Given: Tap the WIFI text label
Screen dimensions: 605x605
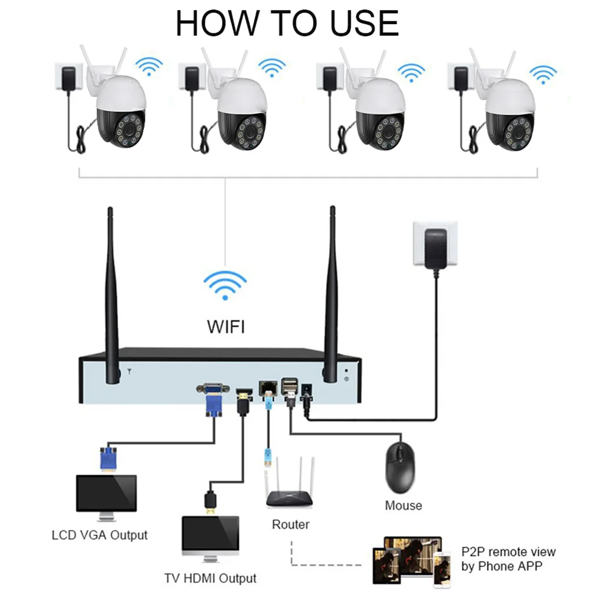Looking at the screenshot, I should (x=226, y=327).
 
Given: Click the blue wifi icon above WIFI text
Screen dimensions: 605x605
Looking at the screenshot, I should (x=225, y=284).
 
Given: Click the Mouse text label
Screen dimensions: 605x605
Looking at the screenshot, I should (x=404, y=505).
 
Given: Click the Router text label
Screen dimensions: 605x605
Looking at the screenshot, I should (x=290, y=525).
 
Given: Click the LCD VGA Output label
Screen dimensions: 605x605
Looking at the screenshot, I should (x=99, y=535).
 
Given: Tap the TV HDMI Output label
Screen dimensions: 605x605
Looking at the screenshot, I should (x=210, y=578).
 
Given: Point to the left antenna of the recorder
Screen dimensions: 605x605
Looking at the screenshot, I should (x=112, y=296).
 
